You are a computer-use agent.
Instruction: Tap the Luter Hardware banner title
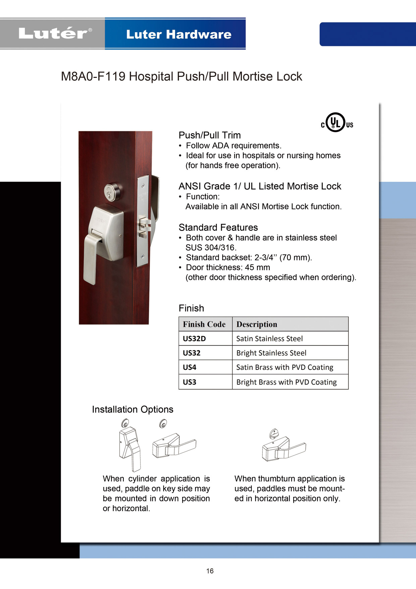click(x=178, y=34)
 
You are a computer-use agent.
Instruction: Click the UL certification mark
click(x=336, y=122)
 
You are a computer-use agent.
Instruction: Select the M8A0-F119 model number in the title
click(x=93, y=77)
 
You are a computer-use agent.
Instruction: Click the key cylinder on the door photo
click(x=112, y=192)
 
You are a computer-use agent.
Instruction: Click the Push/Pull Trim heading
click(x=210, y=135)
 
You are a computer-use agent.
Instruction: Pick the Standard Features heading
click(x=218, y=228)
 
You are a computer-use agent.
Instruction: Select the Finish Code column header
click(x=204, y=324)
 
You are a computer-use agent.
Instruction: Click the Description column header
click(x=257, y=324)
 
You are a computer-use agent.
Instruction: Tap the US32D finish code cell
click(x=195, y=339)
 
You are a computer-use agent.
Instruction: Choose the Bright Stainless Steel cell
click(x=271, y=353)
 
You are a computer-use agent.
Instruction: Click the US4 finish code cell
click(x=190, y=367)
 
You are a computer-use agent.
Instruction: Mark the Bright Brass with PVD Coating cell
click(x=287, y=382)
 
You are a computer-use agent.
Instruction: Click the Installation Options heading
click(x=133, y=409)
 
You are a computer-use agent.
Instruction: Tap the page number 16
click(x=210, y=571)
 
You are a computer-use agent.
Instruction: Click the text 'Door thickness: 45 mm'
click(x=228, y=267)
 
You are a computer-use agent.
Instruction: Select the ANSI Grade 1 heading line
click(x=260, y=186)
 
